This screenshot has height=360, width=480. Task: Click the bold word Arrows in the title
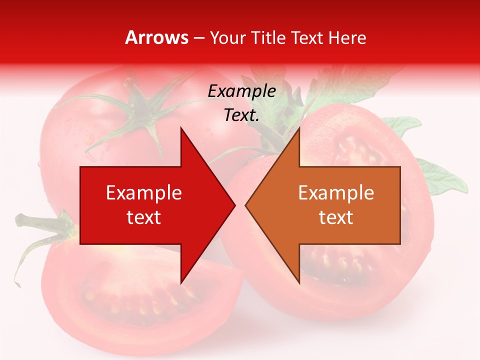[x=156, y=37]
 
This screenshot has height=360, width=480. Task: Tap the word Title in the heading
[x=267, y=37]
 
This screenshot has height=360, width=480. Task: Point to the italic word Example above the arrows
[x=241, y=91]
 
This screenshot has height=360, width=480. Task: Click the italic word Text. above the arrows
[x=241, y=115]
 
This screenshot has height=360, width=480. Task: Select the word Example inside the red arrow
[x=143, y=193]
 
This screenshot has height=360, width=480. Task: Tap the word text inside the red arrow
[x=143, y=217]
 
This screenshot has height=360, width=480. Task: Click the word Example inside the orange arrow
[x=336, y=193]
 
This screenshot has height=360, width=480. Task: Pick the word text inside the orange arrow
[x=336, y=217]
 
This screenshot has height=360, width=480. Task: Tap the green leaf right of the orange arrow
[x=440, y=177]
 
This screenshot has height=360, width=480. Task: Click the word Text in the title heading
[x=307, y=37]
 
